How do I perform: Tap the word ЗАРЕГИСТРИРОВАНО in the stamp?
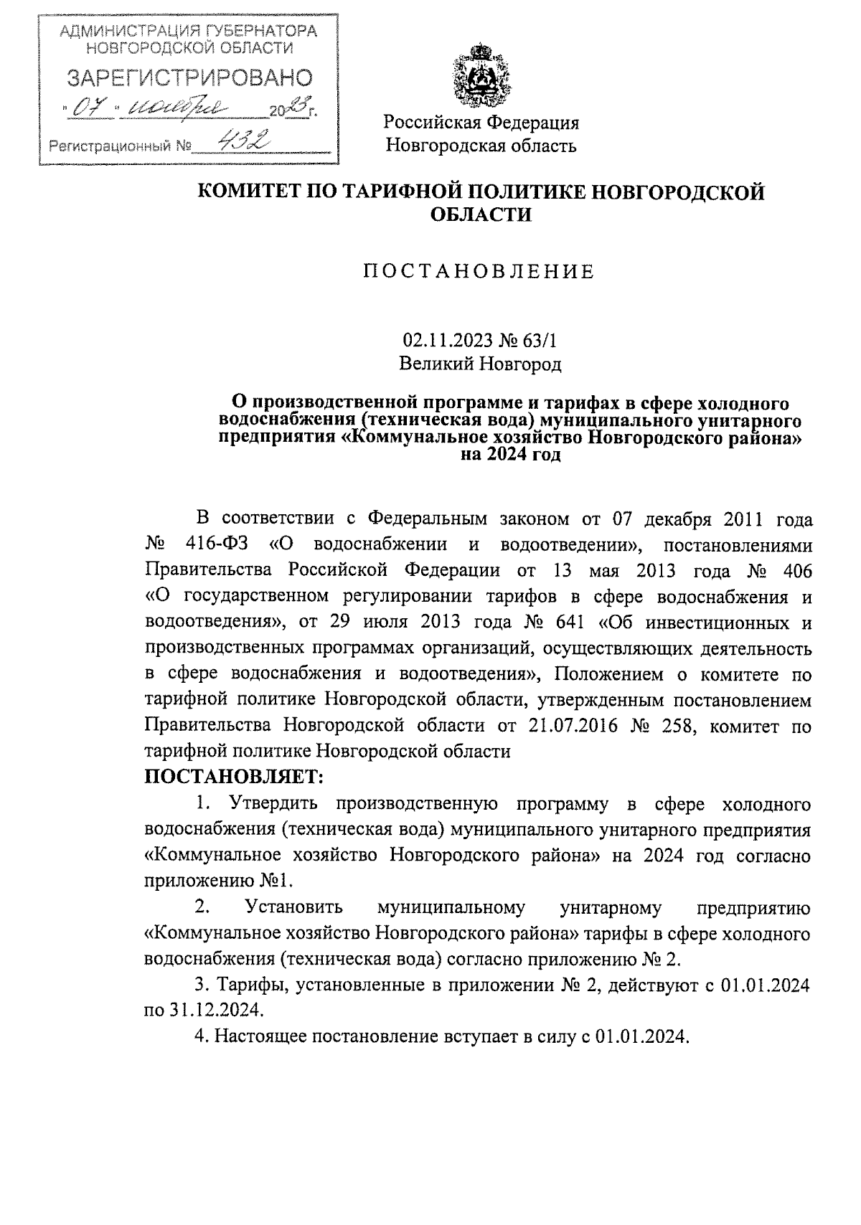point(189,79)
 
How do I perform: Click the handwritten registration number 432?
point(245,143)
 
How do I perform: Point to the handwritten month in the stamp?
point(177,108)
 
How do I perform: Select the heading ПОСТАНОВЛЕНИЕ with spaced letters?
point(479,272)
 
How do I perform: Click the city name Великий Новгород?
point(479,364)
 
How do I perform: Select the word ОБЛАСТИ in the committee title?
point(480,214)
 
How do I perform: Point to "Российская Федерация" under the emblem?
point(481,123)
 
